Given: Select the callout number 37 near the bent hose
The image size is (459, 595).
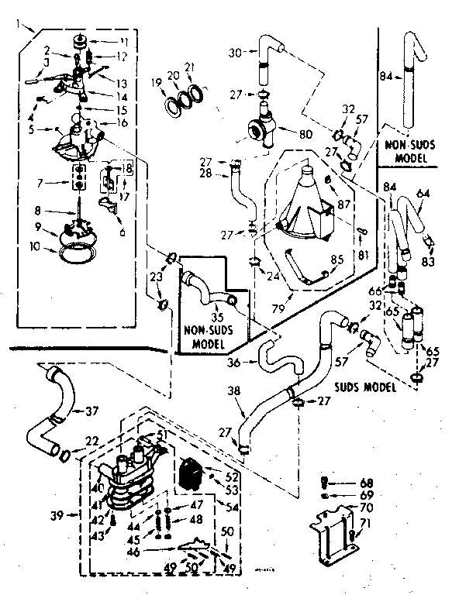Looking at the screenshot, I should coord(92,410).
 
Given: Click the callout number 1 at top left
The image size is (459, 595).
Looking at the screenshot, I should coord(17,26).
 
